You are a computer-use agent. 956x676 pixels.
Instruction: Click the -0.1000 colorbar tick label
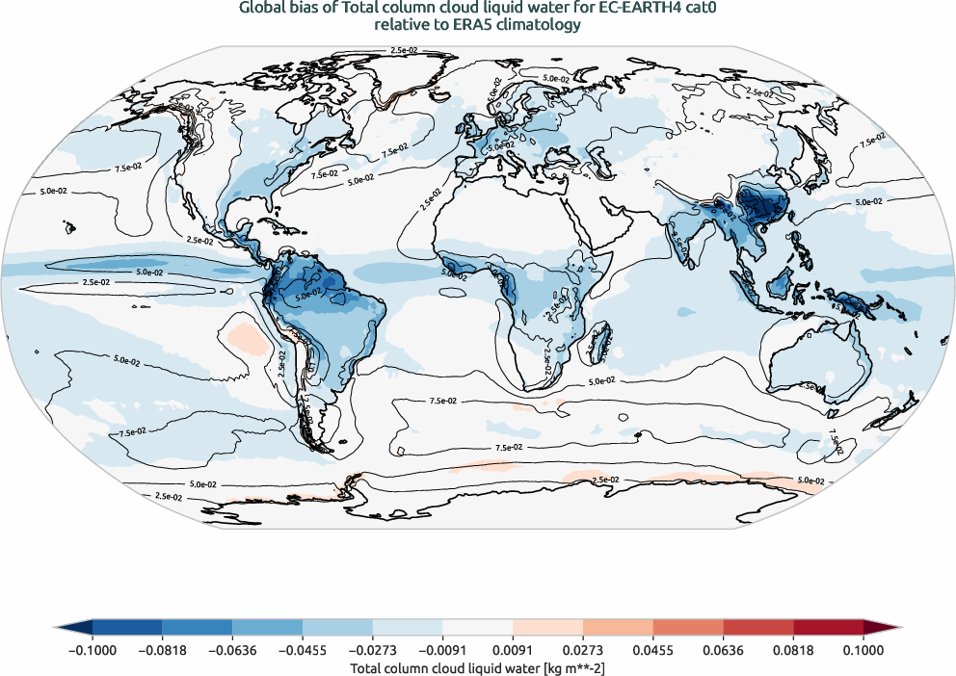[x=93, y=649]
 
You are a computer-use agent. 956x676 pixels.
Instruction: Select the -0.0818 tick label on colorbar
[x=162, y=649]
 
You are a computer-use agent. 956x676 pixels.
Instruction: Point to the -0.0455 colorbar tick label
[x=303, y=649]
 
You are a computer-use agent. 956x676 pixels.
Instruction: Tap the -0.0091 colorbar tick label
[x=442, y=649]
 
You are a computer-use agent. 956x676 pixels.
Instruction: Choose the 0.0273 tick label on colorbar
[x=583, y=649]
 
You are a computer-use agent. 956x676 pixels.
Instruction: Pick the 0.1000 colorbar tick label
[x=863, y=649]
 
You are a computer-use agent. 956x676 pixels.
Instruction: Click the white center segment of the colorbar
[x=478, y=627]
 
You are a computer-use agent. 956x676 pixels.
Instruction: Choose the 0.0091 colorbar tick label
[x=513, y=649]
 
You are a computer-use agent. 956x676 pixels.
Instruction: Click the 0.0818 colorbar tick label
[x=793, y=649]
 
